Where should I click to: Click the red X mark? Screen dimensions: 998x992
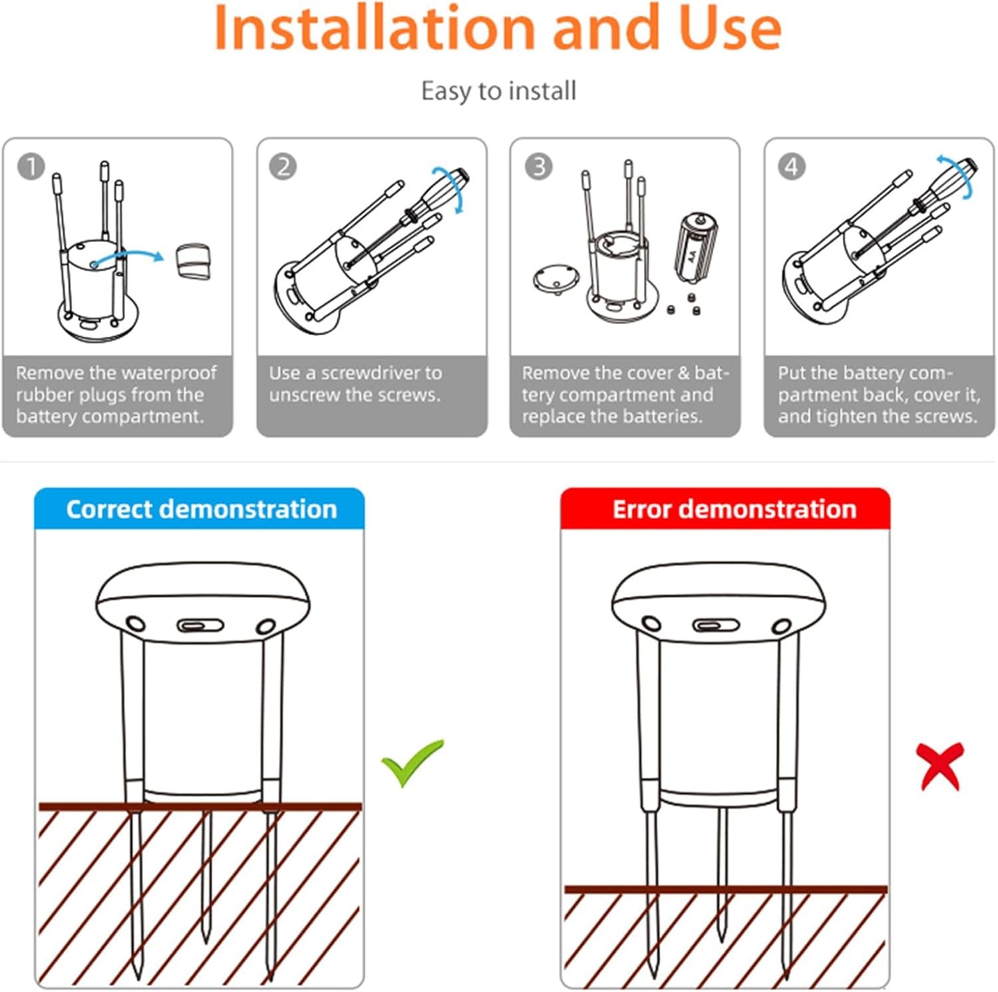940,766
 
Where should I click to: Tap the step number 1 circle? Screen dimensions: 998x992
31,166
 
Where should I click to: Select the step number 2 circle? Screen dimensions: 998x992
283,166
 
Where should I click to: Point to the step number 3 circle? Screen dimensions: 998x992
538,166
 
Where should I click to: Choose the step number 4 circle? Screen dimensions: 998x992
792,166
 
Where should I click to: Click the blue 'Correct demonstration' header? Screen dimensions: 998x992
200,509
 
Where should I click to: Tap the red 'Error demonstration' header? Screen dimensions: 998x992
725,509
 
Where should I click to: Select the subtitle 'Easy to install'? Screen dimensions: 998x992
499,91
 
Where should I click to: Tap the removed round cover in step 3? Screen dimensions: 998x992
556,277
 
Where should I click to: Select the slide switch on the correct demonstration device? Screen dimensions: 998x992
200,626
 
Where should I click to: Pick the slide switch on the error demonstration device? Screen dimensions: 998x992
716,625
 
